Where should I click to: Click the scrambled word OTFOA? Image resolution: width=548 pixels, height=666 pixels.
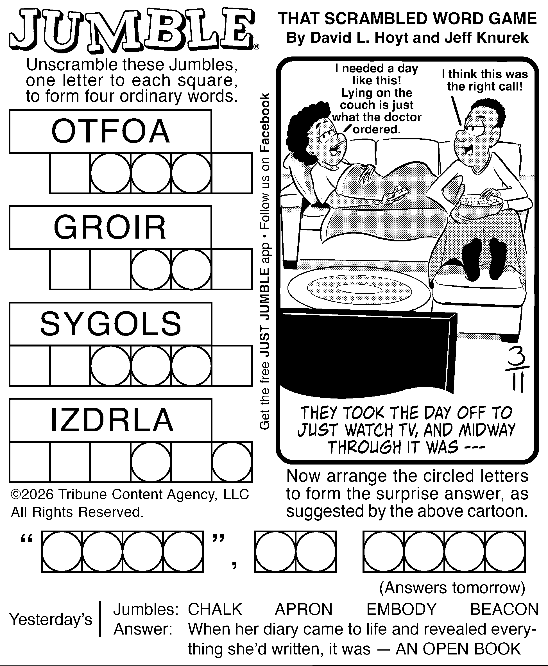(x=110, y=131)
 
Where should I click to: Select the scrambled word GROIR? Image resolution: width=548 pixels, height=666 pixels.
(x=110, y=227)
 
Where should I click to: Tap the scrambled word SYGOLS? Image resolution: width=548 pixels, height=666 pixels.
(x=111, y=323)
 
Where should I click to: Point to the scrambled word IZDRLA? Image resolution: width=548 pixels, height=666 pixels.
(x=112, y=420)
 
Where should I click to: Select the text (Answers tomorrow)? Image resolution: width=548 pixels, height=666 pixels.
(x=452, y=588)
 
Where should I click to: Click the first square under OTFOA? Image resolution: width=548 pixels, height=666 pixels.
(x=70, y=173)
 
